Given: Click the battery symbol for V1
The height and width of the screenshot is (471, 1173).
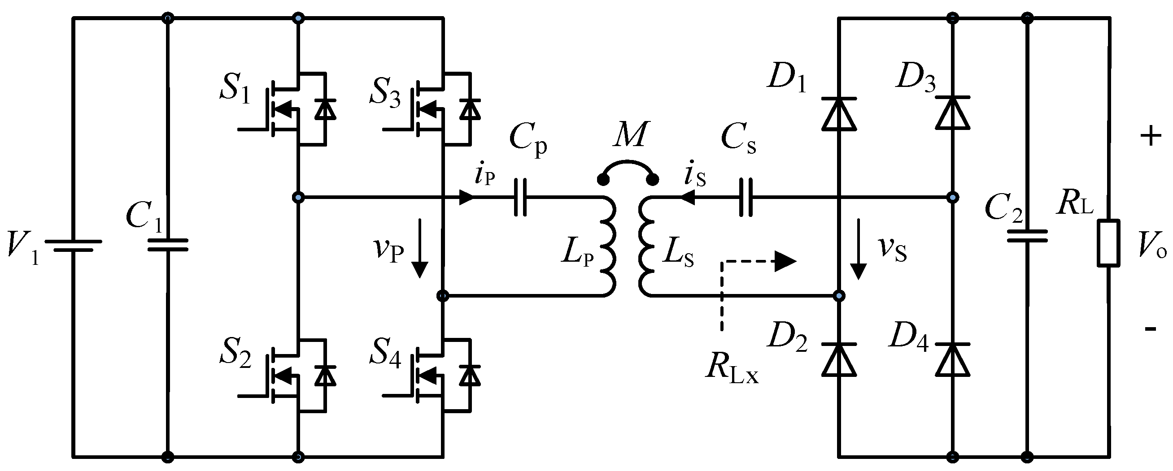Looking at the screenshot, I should coord(73,246).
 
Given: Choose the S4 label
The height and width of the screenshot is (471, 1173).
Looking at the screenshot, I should coord(385,353).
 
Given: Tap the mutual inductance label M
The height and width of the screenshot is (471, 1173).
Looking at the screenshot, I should coord(628,135).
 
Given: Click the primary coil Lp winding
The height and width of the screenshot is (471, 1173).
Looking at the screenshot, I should coord(608,247).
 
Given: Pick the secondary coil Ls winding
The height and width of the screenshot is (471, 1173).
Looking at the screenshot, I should coord(646,247).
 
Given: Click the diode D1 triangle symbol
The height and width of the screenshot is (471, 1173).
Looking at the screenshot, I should coord(839,114).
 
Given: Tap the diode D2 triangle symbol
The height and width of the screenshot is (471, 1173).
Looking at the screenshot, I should coord(839,359).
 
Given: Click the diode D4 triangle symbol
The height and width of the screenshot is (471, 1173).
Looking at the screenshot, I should coord(953,359).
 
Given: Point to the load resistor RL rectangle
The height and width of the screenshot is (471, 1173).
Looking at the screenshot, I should coord(1108,242).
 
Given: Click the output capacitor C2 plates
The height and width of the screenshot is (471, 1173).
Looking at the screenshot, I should coord(1027,236).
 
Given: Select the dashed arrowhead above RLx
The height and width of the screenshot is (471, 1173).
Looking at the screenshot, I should coord(785,262).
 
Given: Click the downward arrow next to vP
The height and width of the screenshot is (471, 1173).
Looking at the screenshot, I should coord(420,248).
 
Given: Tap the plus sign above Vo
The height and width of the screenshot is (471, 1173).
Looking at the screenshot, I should coord(1151,136).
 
